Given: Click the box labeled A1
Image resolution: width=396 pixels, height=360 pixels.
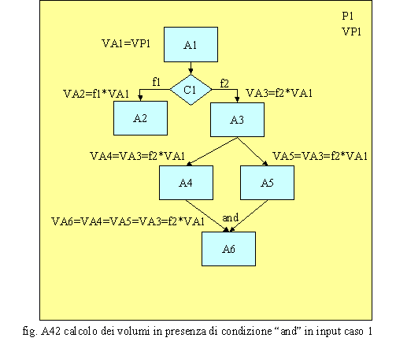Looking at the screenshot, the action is pos(191,44).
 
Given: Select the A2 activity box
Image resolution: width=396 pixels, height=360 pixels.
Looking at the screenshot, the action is pos(140,118).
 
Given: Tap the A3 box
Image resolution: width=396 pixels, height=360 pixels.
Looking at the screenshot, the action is pos(237,120).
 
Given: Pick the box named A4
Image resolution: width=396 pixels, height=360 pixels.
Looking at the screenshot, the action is pos(186,183).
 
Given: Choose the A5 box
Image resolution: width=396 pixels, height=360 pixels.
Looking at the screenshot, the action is pos(267,183).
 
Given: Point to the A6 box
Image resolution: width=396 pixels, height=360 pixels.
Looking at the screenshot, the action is pos(228,249).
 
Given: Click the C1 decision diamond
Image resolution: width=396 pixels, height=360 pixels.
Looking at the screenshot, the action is pos(191,90).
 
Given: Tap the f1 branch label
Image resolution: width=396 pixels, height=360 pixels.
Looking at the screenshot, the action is pos(157,82).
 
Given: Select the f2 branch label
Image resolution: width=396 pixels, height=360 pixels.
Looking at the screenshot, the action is pos(224,84).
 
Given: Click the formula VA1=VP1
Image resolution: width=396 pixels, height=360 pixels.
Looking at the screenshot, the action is pos(126,43).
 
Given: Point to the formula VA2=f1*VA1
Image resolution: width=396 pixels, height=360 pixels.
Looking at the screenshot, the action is pos(96,94).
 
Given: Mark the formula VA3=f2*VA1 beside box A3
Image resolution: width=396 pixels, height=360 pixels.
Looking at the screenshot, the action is pos(279,93).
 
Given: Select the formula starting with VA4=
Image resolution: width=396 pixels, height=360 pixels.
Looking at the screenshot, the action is pos(137,156).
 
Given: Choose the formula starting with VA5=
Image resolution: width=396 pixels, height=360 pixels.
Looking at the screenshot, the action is pos(320,156).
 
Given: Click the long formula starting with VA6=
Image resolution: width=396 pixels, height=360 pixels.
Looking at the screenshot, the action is pos(128,221).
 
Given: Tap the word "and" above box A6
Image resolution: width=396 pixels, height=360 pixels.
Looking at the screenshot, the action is pos(231,217).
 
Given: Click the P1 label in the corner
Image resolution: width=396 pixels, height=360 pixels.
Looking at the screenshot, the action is pos(348,16).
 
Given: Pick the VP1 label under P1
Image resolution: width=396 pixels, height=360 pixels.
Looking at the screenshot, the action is pos(352,32).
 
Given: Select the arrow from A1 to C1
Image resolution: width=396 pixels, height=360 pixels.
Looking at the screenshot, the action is pos(191,69).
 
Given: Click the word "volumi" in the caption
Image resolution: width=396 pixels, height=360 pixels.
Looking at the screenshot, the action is pos(133,331).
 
